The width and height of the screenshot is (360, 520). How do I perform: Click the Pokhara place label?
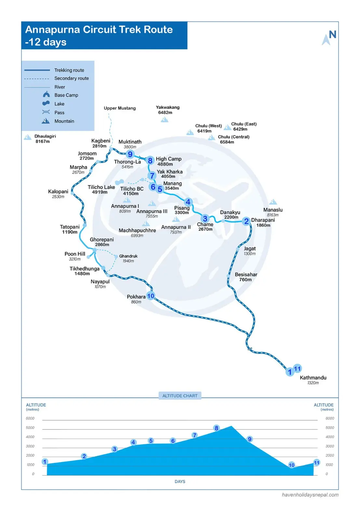pyautogui.click(x=136, y=297)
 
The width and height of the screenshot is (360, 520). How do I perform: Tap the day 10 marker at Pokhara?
pyautogui.click(x=151, y=296)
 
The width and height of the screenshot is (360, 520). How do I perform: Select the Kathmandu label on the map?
pyautogui.click(x=313, y=378)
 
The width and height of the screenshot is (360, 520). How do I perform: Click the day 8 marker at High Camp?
pyautogui.click(x=150, y=161)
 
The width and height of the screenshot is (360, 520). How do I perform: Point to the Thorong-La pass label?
pyautogui.click(x=127, y=162)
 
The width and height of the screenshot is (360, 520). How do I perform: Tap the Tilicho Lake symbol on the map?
pyautogui.click(x=119, y=182)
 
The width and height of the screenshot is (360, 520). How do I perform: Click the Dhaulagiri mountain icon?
pyautogui.click(x=28, y=137)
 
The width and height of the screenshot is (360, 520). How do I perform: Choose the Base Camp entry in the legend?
pyautogui.click(x=66, y=95)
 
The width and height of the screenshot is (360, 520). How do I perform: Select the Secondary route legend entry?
pyautogui.click(x=71, y=78)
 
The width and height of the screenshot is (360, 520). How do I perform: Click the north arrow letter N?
pyautogui.click(x=332, y=34)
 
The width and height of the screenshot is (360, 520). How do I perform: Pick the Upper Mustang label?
pyautogui.click(x=120, y=108)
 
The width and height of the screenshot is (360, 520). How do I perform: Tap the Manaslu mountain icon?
pyautogui.click(x=273, y=202)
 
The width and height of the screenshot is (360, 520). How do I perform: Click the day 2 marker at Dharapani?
pyautogui.click(x=246, y=221)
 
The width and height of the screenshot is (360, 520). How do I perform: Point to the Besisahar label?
pyautogui.click(x=246, y=275)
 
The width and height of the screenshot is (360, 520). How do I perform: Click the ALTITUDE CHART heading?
pyautogui.click(x=180, y=396)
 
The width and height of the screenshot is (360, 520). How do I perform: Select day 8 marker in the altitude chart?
pyautogui.click(x=216, y=428)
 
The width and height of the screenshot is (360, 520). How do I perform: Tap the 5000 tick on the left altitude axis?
pyautogui.click(x=30, y=428)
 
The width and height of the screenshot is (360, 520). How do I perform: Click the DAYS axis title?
pyautogui.click(x=180, y=482)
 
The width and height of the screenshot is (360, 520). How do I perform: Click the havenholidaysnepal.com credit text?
pyautogui.click(x=310, y=495)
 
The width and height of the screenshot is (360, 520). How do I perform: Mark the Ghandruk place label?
pyautogui.click(x=128, y=256)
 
